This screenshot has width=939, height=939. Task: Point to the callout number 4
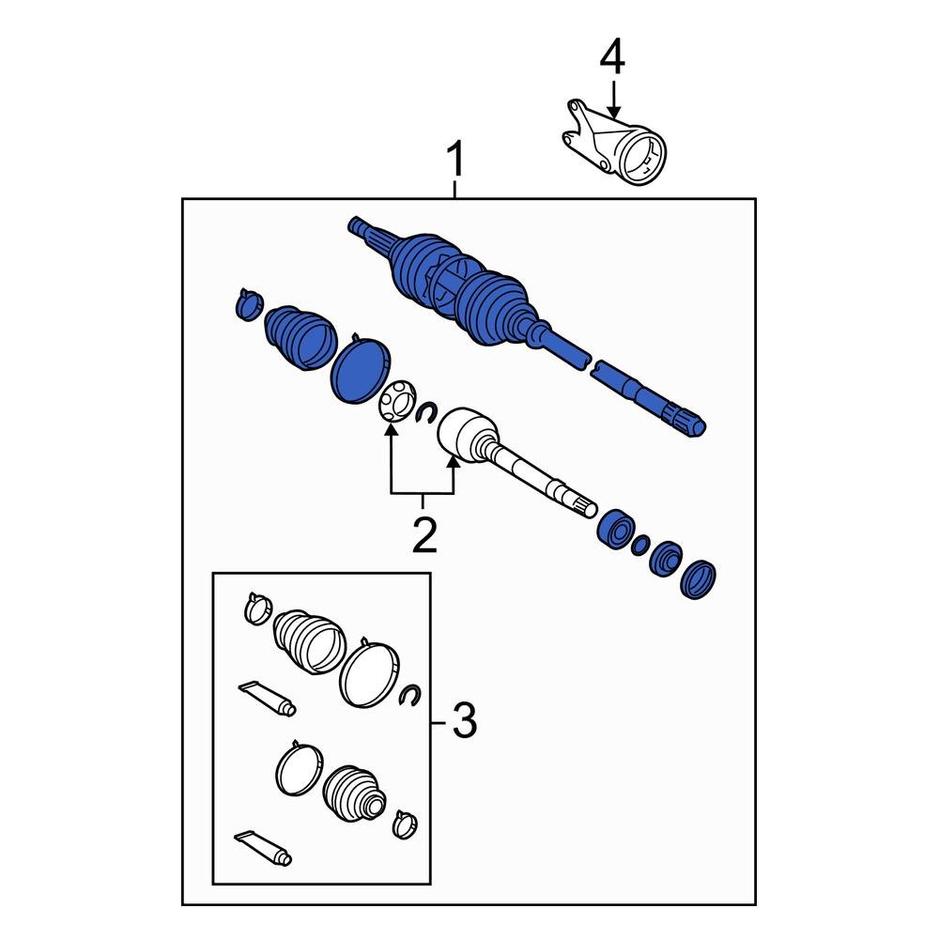coord(611,58)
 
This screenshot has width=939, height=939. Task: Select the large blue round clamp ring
coord(359,371)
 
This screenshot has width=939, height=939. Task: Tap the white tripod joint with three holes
coord(395,402)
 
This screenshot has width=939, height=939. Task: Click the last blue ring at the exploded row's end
coord(700,578)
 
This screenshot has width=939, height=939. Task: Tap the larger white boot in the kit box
coord(307,641)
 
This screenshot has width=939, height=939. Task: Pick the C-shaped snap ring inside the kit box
coord(408,695)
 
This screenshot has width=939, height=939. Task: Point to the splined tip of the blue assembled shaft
coord(690,423)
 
